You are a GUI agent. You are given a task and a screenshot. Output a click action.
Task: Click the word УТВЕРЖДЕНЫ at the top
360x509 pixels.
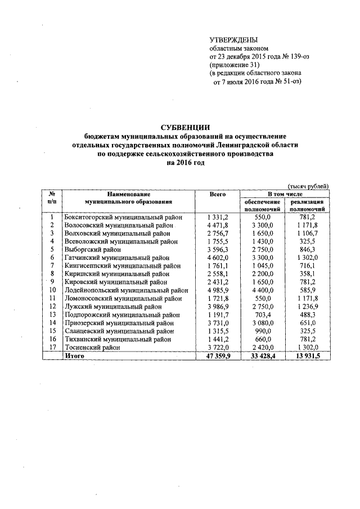click(x=233, y=40)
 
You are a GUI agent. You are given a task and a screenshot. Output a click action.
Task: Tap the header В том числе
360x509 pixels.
click(x=285, y=194)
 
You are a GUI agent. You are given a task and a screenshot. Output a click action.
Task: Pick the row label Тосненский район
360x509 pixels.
click(x=94, y=348)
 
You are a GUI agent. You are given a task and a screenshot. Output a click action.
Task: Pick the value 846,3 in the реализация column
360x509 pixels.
click(x=307, y=249)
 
